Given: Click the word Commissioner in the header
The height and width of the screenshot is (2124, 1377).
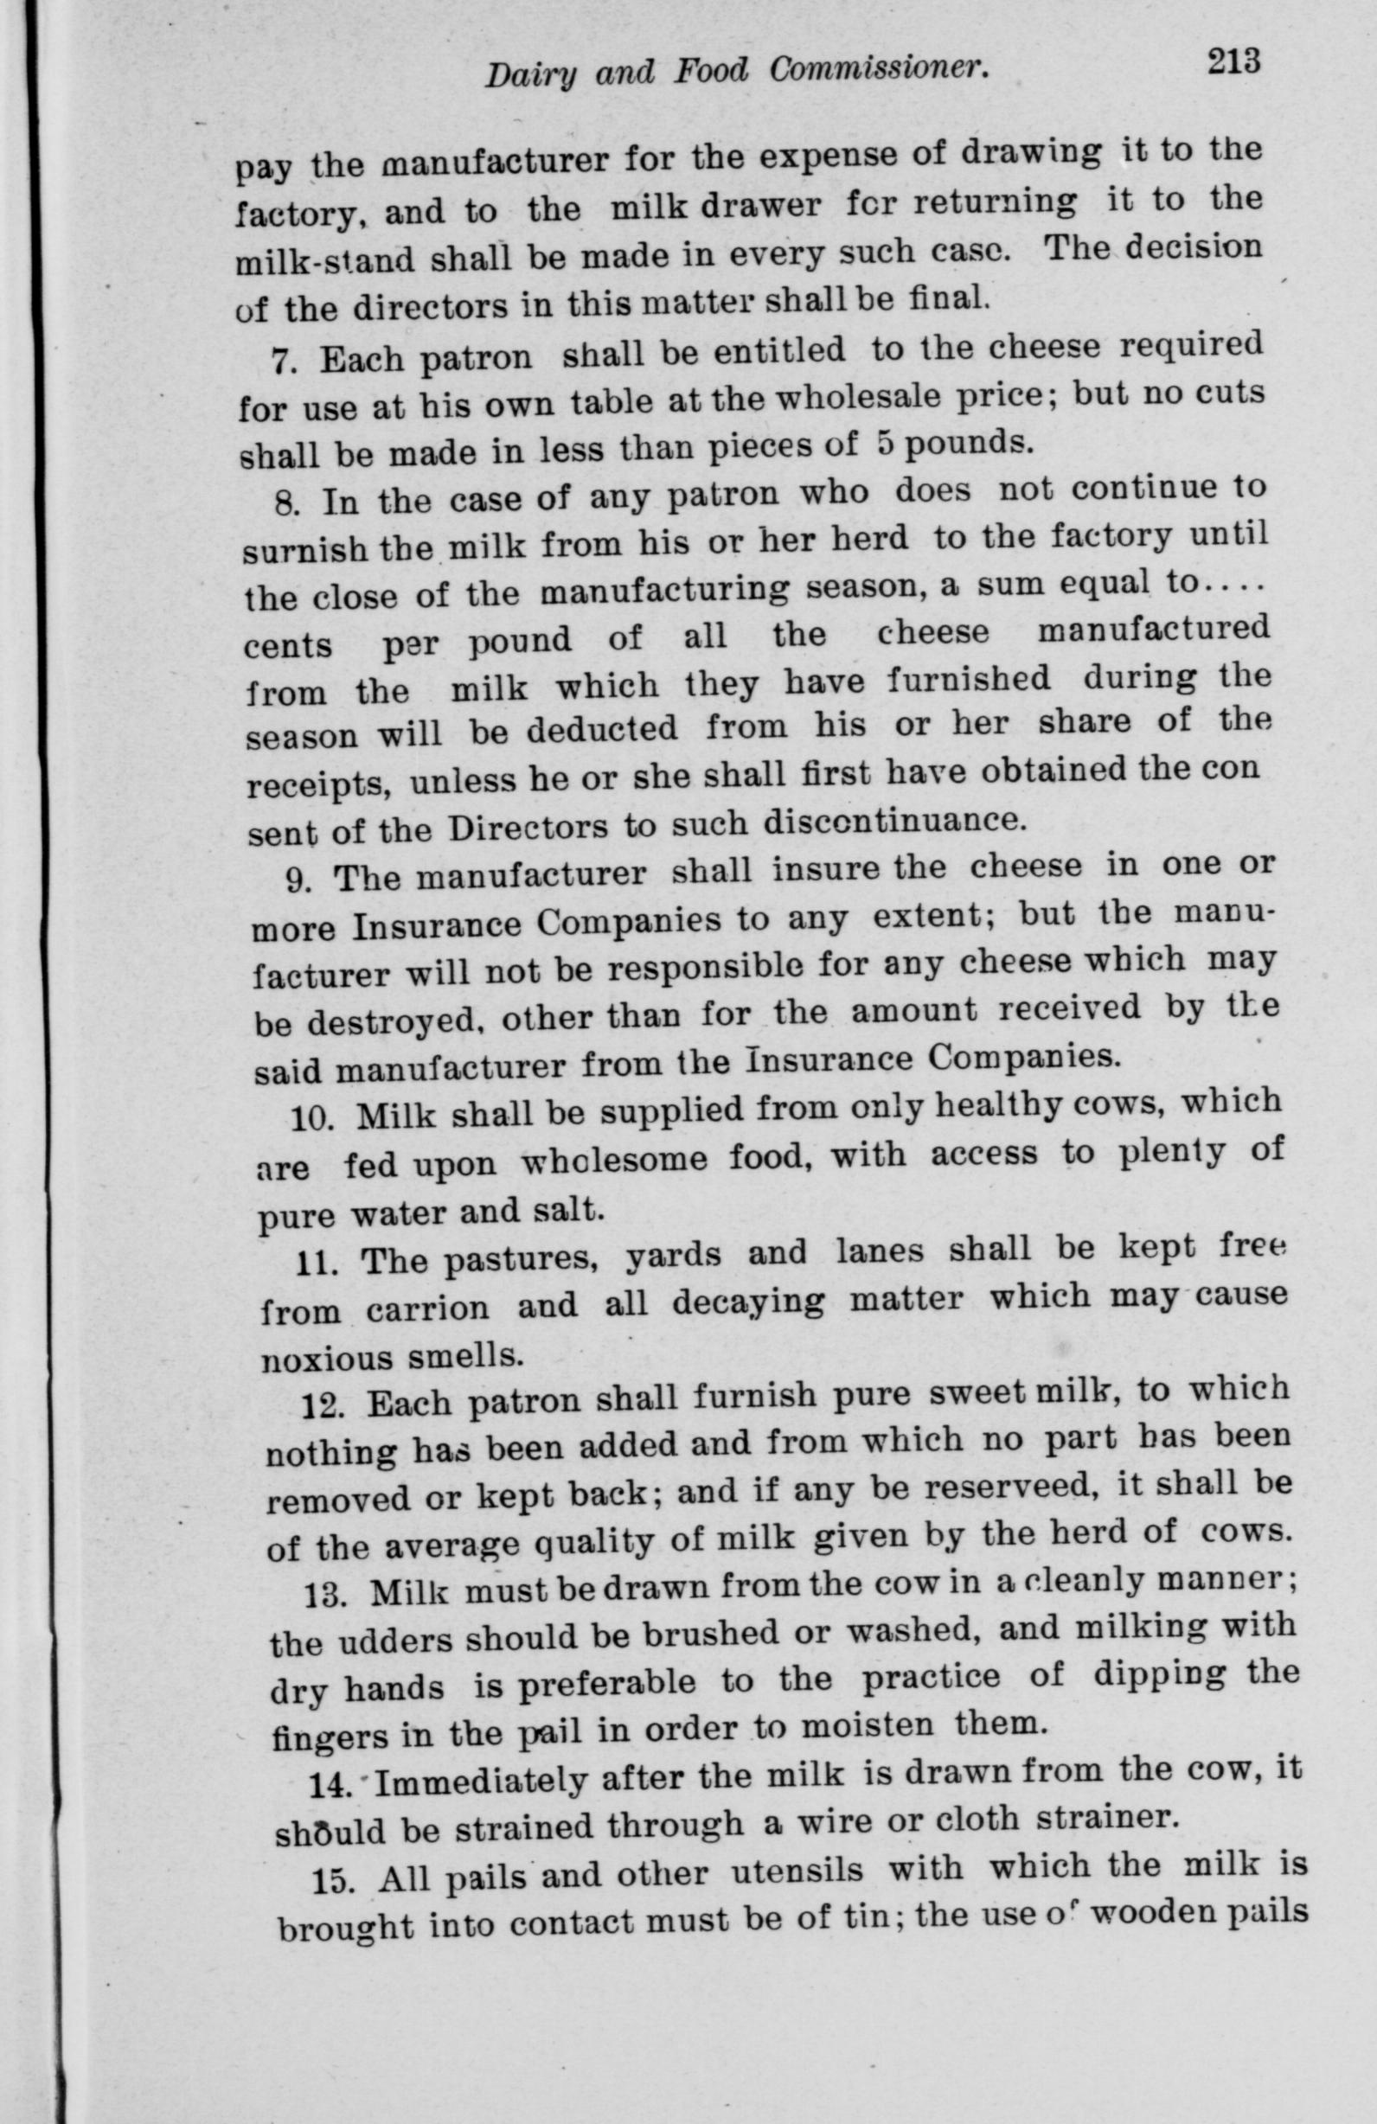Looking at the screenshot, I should [879, 72].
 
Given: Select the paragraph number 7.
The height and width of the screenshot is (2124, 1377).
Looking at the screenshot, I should [281, 363].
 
